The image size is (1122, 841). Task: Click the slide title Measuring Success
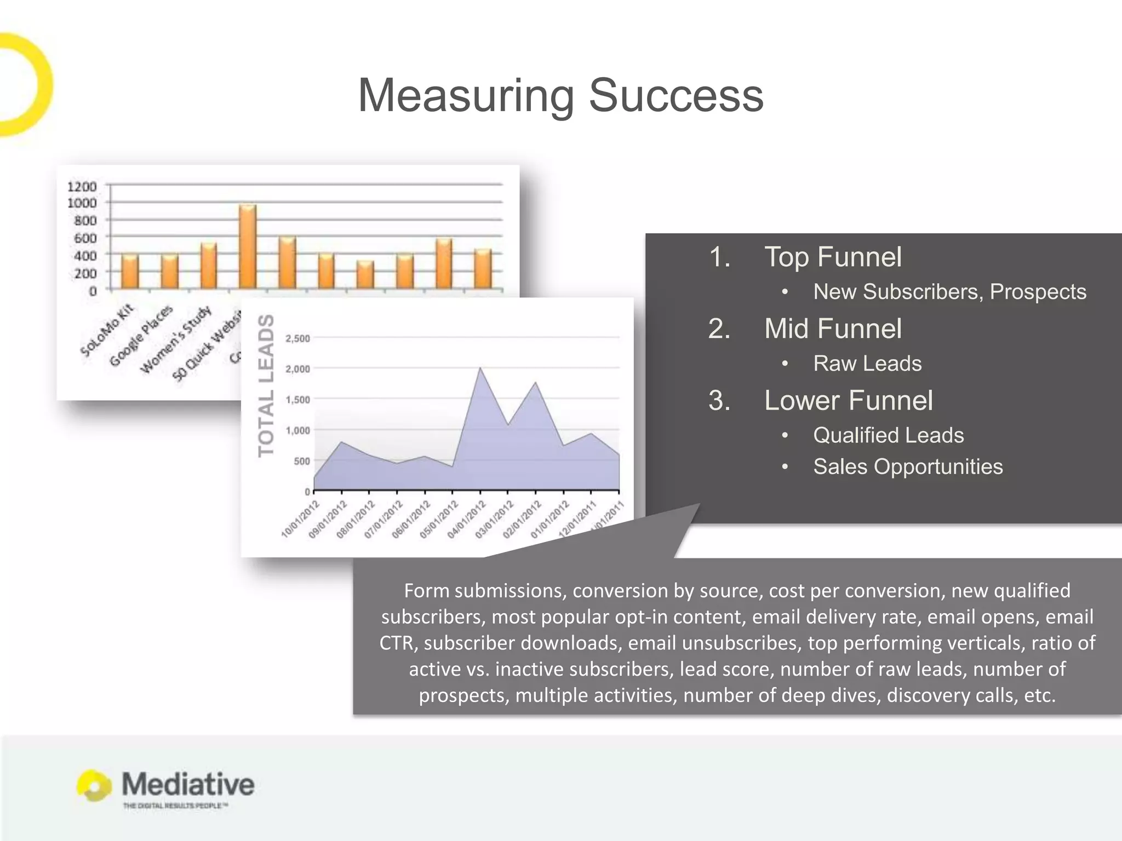pos(560,95)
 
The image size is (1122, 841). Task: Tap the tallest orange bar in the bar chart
pos(248,246)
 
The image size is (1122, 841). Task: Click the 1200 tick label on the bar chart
pos(82,187)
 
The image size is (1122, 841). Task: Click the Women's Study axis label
pos(176,339)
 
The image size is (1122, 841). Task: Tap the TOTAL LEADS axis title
pos(266,385)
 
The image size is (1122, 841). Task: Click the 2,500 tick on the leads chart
pos(297,338)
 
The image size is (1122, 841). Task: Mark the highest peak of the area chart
pos(480,368)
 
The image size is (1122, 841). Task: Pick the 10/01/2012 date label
pos(300,520)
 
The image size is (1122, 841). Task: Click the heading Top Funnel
pos(833,257)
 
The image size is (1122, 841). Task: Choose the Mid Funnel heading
pos(833,329)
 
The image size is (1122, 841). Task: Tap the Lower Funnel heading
pos(848,400)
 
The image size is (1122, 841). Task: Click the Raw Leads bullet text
pos(867,364)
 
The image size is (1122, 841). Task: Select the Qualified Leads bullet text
pos(888,435)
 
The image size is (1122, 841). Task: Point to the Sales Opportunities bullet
pos(908,466)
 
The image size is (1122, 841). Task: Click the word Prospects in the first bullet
pos(1038,292)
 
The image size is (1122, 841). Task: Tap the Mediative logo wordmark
pos(187,784)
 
